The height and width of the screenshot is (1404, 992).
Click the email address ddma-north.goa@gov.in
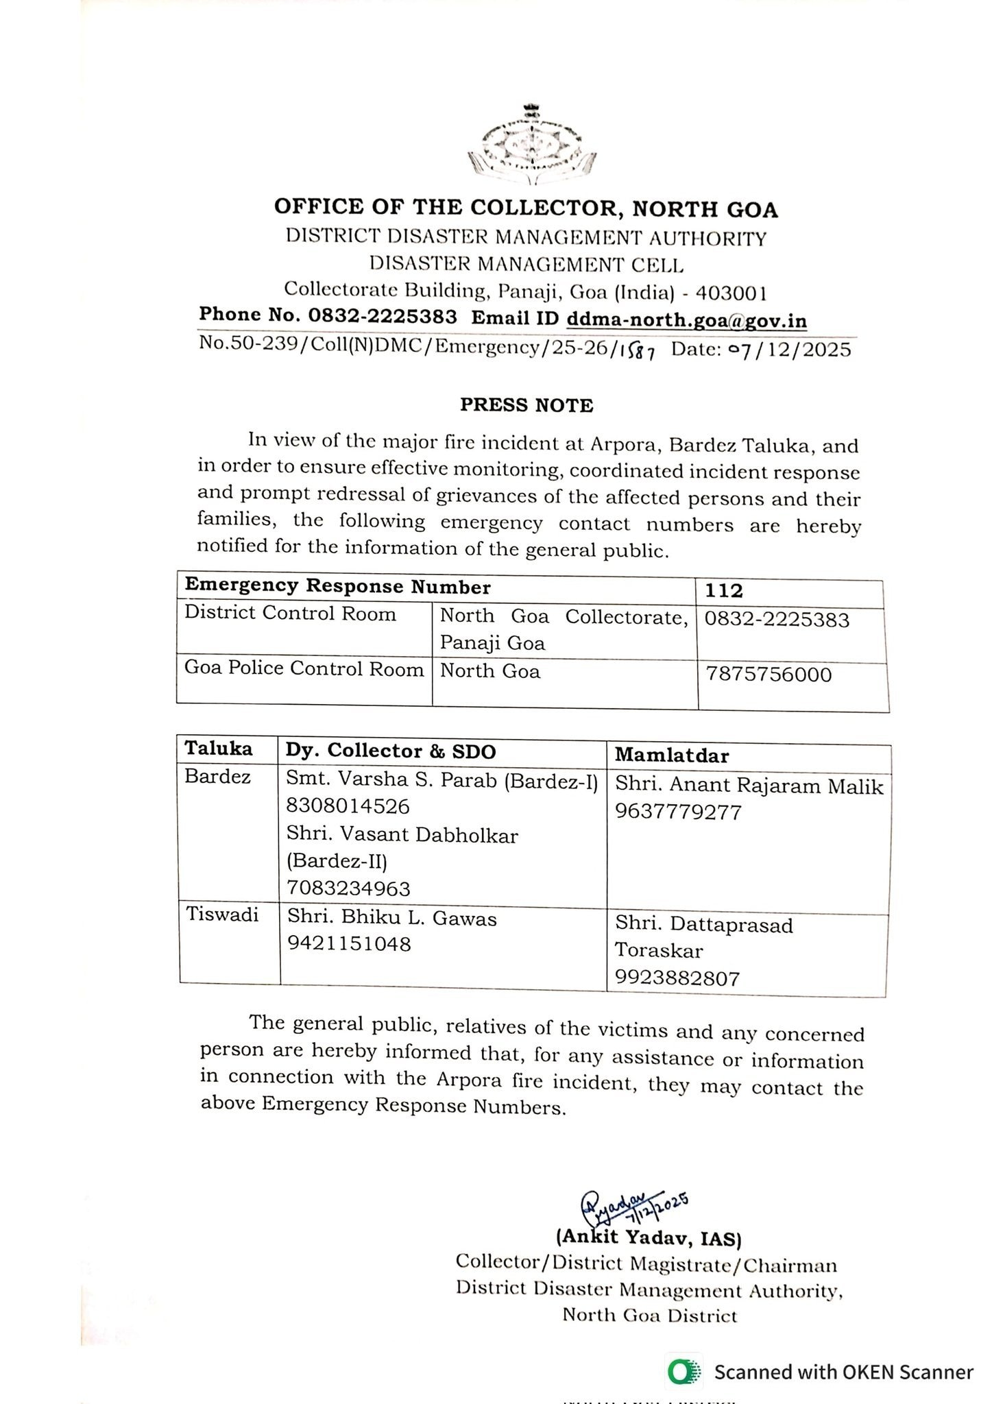(686, 320)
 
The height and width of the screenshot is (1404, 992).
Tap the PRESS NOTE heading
(527, 405)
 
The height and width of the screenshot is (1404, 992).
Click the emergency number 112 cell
(724, 590)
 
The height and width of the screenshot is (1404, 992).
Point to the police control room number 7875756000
(769, 674)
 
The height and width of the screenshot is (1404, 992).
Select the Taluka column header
(219, 749)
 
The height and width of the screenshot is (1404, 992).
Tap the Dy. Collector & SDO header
(391, 751)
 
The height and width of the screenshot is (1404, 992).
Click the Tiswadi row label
(222, 915)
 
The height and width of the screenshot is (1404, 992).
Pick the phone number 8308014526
(348, 806)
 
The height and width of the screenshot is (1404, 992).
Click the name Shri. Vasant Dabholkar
(402, 834)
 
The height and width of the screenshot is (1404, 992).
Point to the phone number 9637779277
(678, 812)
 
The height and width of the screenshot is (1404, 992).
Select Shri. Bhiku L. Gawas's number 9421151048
(349, 944)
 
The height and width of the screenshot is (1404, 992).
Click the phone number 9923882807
(677, 978)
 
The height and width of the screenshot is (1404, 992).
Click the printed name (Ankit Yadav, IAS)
(649, 1237)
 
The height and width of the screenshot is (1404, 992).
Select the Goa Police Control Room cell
(304, 668)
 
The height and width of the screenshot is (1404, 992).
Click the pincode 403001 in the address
(731, 293)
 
